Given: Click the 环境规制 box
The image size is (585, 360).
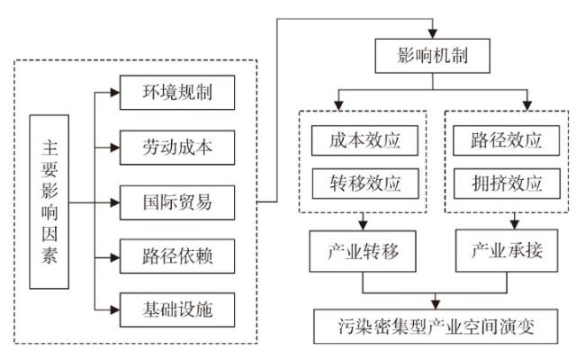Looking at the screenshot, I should point(177,92).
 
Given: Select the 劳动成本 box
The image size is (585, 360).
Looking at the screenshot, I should point(177,146).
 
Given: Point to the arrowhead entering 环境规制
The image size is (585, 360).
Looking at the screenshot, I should point(114,92).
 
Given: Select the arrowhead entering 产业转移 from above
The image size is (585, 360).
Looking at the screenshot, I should point(362,225).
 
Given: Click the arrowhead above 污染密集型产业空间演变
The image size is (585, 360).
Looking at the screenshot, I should point(436,303).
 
